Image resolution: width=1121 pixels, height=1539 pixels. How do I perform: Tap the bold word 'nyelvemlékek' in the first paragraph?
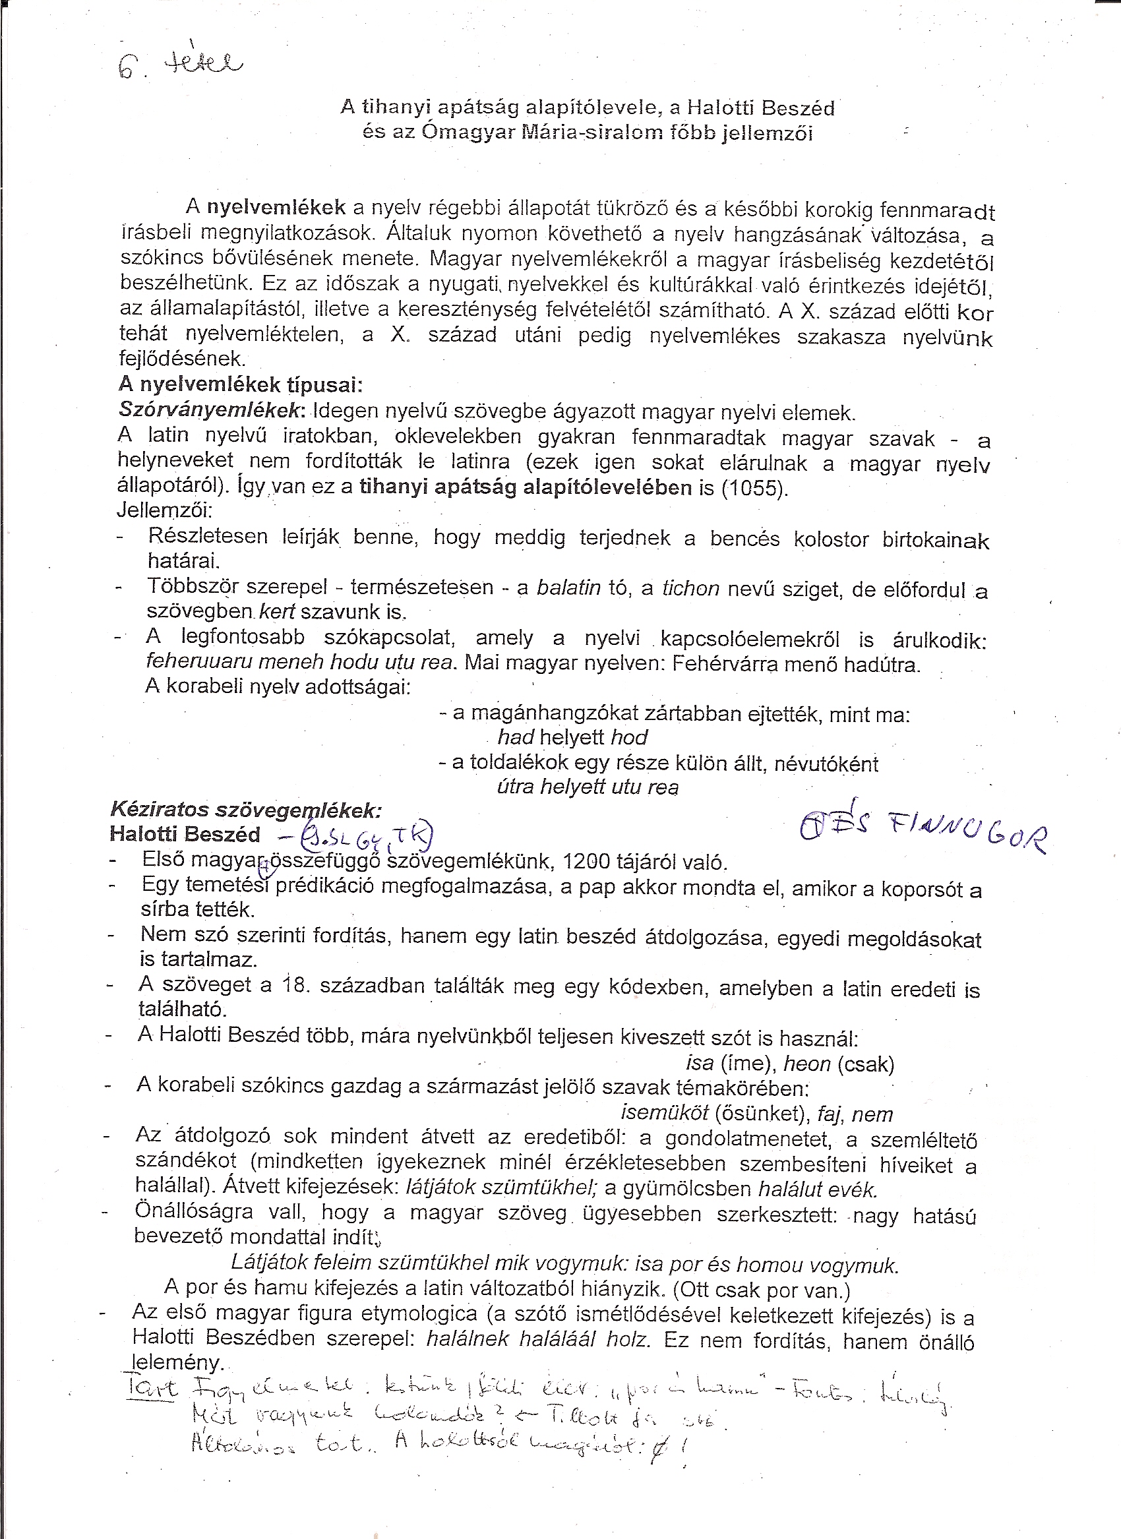click(276, 207)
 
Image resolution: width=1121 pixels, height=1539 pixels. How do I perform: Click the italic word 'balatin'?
click(568, 588)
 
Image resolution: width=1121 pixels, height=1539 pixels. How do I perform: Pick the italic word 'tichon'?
click(690, 588)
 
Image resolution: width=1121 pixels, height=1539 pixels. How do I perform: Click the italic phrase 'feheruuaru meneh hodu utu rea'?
click(299, 661)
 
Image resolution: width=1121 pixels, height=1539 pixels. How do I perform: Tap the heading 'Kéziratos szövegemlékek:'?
click(246, 810)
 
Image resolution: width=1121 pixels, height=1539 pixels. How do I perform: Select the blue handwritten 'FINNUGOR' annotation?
click(966, 831)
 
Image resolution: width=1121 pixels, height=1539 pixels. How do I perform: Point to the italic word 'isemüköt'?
click(664, 1114)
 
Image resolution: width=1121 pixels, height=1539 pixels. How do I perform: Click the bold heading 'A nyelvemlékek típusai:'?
click(240, 385)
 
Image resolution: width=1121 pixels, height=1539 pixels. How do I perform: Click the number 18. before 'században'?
click(296, 984)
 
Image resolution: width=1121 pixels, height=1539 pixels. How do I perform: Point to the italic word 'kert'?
click(277, 612)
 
